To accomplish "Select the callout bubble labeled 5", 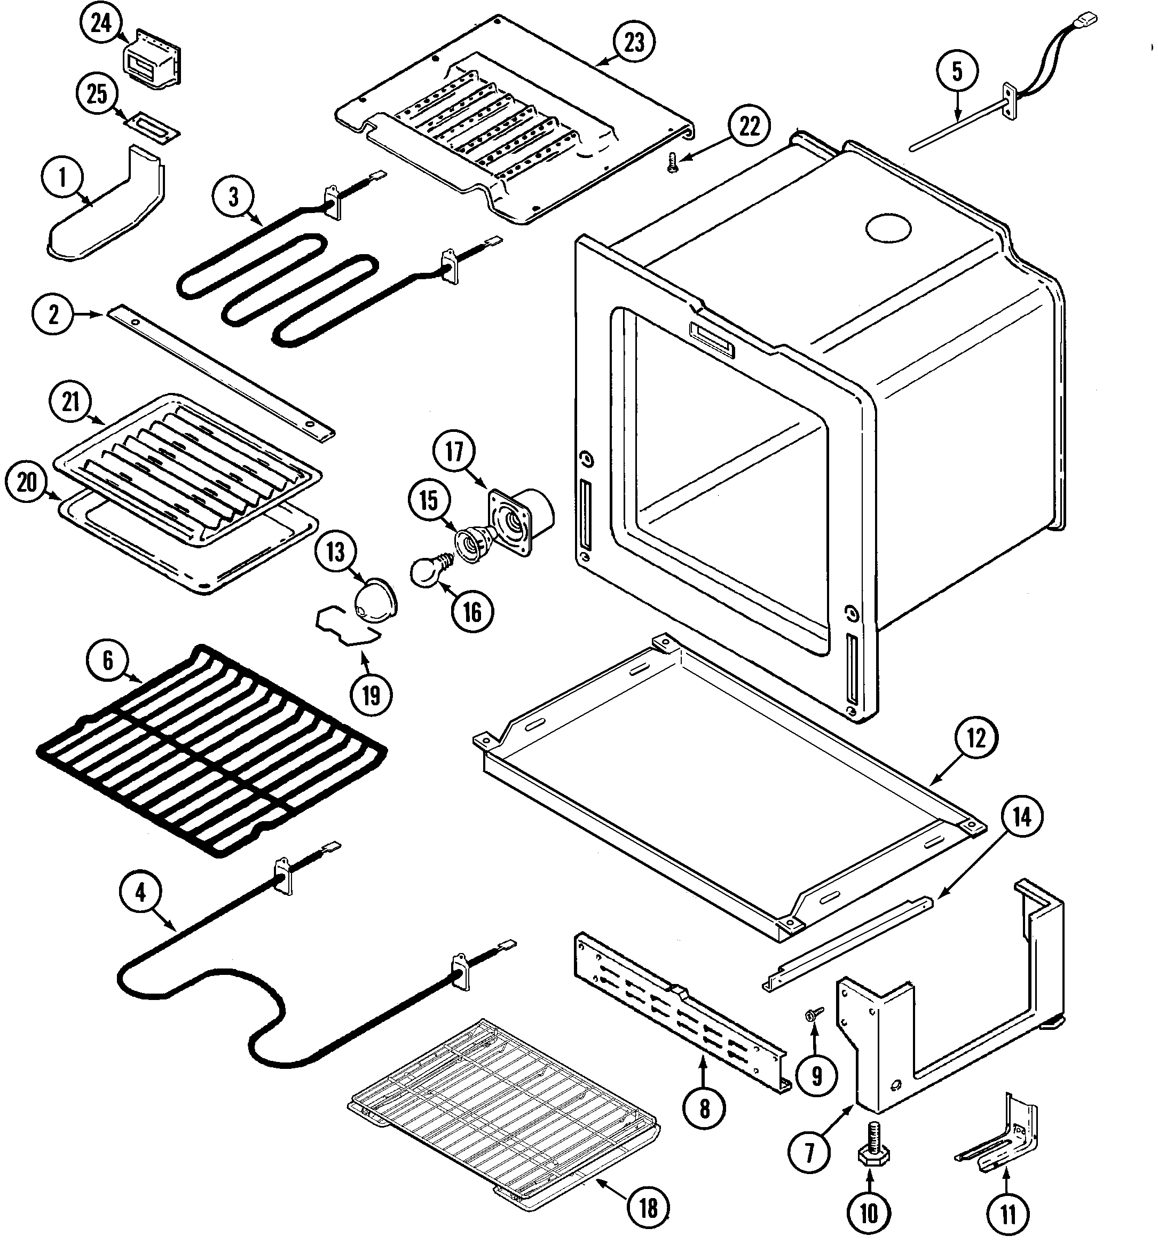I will pos(957,71).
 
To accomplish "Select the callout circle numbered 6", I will pos(108,660).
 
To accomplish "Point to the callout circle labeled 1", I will pos(61,178).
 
